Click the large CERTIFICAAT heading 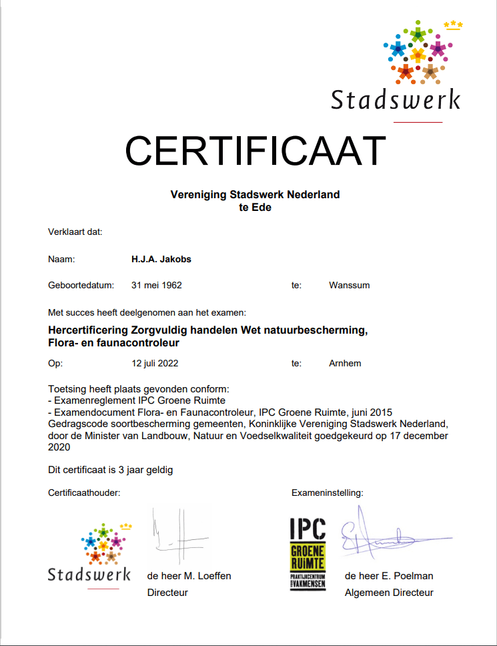[x=256, y=151]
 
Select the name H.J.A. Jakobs [x=161, y=259]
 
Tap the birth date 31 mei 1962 [x=157, y=285]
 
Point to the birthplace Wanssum [x=349, y=285]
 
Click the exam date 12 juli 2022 [x=155, y=364]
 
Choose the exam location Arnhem [x=345, y=364]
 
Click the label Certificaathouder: [x=84, y=493]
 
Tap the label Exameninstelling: [x=328, y=493]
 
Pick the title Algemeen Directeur [x=389, y=593]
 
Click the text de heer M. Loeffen [x=189, y=576]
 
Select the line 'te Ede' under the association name [x=255, y=208]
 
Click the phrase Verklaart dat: [x=75, y=233]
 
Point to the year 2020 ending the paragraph [x=60, y=449]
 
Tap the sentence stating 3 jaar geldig [x=111, y=470]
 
